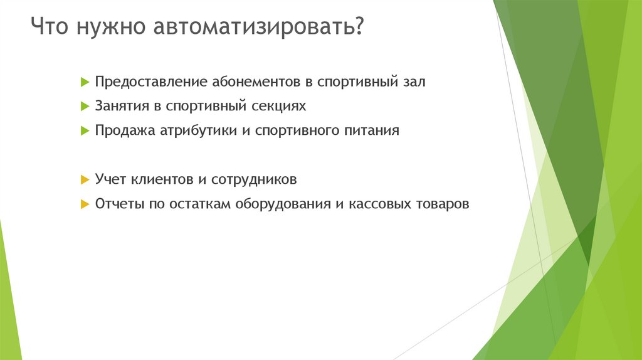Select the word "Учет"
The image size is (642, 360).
[110, 180]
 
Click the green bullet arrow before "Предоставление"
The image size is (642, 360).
[85, 83]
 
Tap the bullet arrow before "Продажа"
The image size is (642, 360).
[85, 132]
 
